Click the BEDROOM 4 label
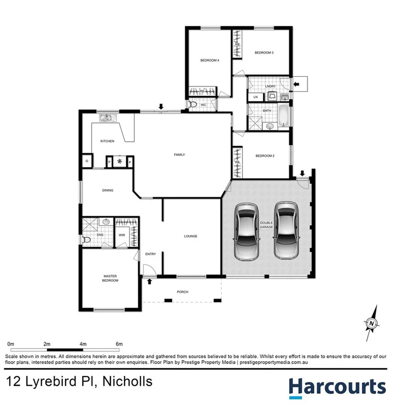click(209, 60)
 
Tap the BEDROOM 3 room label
click(264, 53)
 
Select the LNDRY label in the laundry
click(270, 86)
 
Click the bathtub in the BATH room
click(284, 116)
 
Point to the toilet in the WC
click(193, 105)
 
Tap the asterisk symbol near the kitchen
click(119, 161)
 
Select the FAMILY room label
click(179, 155)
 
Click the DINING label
click(107, 190)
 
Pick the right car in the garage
click(286, 230)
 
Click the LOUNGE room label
click(191, 236)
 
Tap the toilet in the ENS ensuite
click(87, 240)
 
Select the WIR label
click(122, 234)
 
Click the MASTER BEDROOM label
click(110, 278)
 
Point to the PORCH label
click(182, 292)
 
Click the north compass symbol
click(371, 322)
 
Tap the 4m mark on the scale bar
click(83, 344)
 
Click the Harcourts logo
click(337, 387)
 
